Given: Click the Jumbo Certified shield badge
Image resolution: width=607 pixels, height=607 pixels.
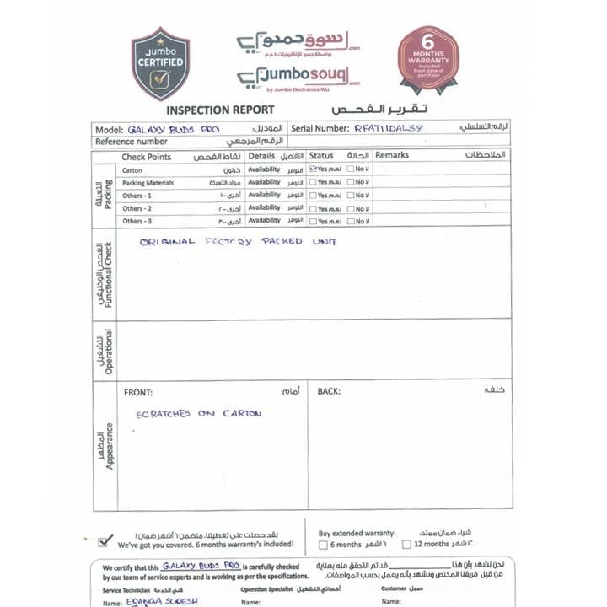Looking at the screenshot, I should [160, 63].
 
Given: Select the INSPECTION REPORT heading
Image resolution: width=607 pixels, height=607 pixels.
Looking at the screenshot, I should [220, 110].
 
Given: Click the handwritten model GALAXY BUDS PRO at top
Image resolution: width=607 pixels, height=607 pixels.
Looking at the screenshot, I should [174, 130].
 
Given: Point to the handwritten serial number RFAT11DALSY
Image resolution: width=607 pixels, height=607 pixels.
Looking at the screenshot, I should [389, 129].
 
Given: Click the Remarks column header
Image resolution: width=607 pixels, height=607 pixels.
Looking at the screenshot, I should [392, 156].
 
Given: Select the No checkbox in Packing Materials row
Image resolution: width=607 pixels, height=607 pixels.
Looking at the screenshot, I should [351, 182].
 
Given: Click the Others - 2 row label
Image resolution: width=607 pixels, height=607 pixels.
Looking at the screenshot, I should [137, 208].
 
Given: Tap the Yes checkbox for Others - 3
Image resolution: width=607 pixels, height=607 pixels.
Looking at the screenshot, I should [313, 221].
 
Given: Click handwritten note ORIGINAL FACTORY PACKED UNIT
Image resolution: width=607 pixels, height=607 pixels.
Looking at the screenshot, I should [238, 242].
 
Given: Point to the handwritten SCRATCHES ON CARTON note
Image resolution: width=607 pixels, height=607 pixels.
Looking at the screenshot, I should [199, 414].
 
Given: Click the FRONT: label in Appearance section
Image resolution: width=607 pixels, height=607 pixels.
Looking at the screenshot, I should [138, 392].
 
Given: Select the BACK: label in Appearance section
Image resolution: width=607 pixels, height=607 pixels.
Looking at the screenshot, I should [329, 392].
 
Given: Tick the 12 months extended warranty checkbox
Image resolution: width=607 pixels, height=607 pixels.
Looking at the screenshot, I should [406, 545].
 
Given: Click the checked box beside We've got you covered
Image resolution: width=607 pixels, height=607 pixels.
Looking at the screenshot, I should [105, 541].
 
